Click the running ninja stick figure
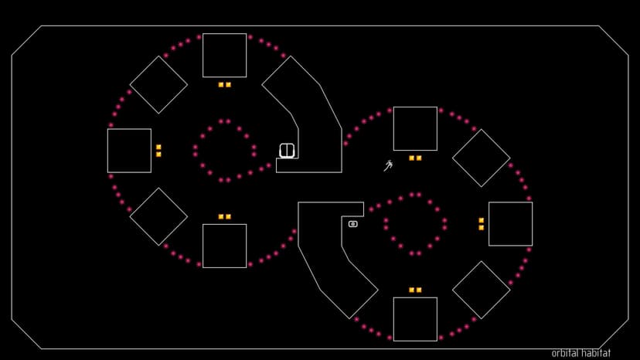click(388, 165)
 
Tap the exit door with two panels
click(287, 150)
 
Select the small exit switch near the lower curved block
click(353, 224)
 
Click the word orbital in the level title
click(564, 353)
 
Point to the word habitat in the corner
click(595, 353)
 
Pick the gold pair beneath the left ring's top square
click(224, 84)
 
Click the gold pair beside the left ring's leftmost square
click(158, 151)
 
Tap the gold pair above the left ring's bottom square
click(224, 216)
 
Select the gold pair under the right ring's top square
click(415, 158)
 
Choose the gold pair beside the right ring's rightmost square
click(482, 224)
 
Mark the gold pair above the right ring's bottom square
click(415, 290)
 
